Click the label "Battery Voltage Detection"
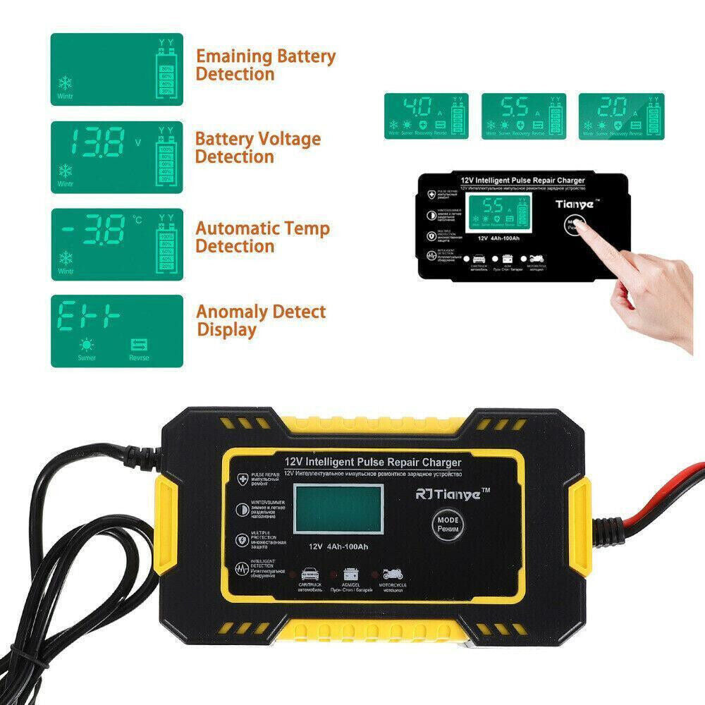pyautogui.click(x=257, y=147)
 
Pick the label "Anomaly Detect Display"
pyautogui.click(x=260, y=320)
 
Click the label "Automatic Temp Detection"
pyautogui.click(x=262, y=237)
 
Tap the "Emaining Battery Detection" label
pyautogui.click(x=265, y=65)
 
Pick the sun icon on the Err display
pyautogui.click(x=87, y=345)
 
